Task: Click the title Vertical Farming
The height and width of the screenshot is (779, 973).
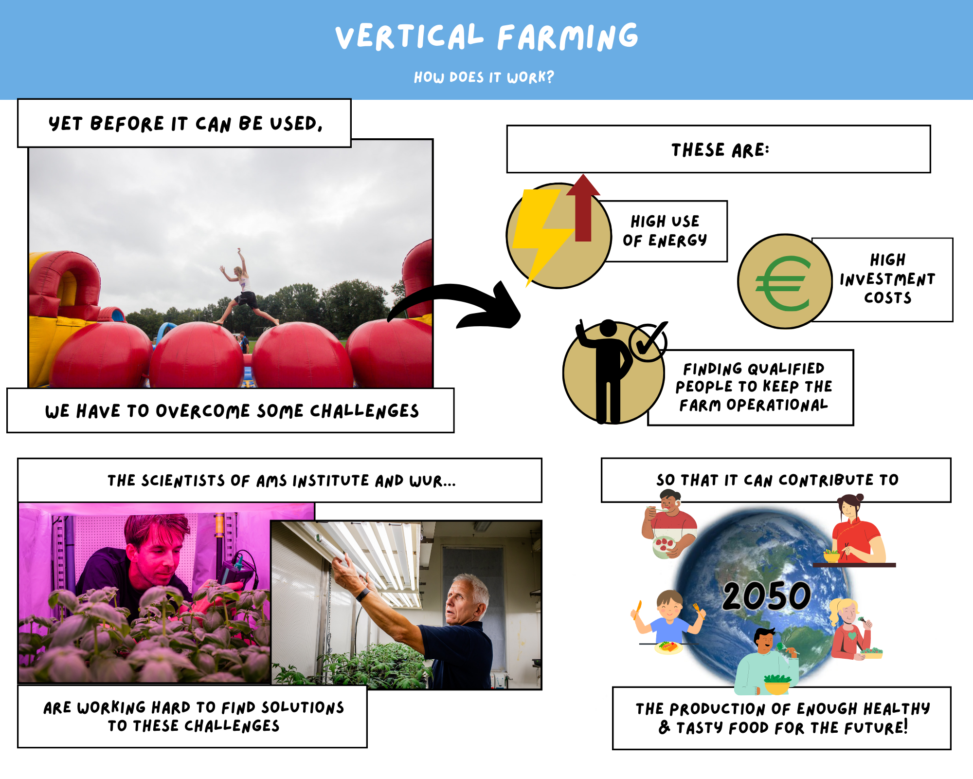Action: point(486,37)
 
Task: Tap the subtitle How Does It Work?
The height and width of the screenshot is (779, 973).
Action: point(484,77)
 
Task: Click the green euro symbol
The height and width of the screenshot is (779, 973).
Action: point(783,283)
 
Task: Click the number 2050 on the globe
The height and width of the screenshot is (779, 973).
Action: point(766,596)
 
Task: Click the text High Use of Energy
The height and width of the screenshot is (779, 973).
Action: point(665,231)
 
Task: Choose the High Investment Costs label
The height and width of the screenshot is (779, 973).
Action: point(887,278)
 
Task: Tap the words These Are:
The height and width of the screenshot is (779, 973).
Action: point(721,150)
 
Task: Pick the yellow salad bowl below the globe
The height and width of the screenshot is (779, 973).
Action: point(777,684)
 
